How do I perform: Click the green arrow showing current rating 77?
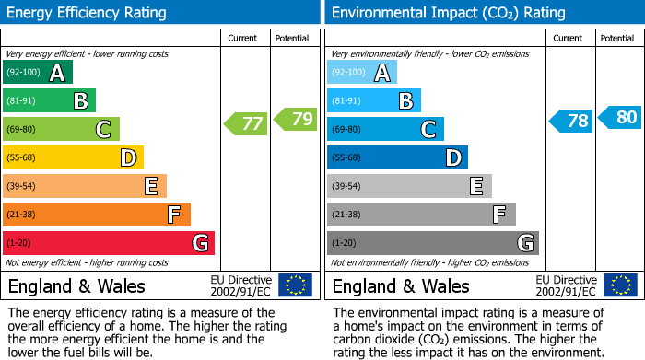[x=245, y=123]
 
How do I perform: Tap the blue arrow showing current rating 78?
[x=571, y=121]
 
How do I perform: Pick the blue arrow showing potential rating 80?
[x=620, y=117]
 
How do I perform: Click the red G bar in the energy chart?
[x=109, y=243]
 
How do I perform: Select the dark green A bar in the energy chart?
[x=37, y=73]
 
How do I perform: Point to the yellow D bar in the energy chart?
[x=73, y=157]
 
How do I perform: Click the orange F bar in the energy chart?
[x=97, y=215]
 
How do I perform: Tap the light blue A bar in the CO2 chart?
[x=361, y=73]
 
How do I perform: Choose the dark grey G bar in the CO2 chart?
[x=432, y=243]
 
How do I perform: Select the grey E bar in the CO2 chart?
[x=409, y=186]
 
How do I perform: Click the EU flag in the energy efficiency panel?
[x=295, y=285]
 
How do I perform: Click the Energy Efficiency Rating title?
[x=88, y=13]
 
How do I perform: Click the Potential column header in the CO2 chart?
[x=616, y=39]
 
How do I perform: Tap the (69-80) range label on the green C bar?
[x=22, y=130]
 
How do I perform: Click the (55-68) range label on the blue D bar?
[x=346, y=157]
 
